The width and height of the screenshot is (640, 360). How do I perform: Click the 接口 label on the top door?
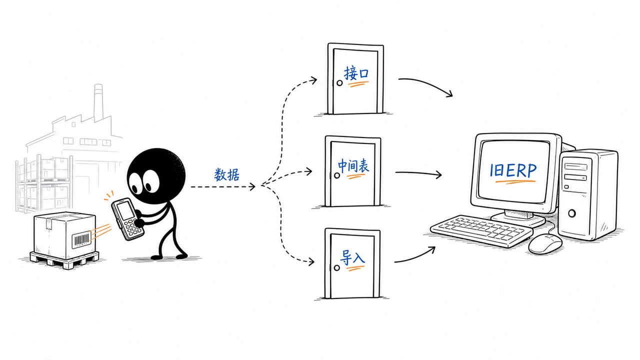pyautogui.click(x=356, y=73)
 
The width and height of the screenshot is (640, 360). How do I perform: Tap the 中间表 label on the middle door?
pyautogui.click(x=353, y=165)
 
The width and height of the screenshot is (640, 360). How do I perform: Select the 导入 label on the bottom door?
pyautogui.click(x=352, y=257)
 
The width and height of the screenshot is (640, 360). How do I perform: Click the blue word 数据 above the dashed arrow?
pyautogui.click(x=227, y=174)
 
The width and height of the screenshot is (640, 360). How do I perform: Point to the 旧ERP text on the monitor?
pyautogui.click(x=513, y=170)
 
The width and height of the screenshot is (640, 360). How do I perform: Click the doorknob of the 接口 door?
pyautogui.click(x=339, y=83)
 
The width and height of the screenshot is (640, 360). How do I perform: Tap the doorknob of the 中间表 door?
pyautogui.click(x=337, y=175)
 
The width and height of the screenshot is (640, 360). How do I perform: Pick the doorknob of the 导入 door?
pyautogui.click(x=337, y=267)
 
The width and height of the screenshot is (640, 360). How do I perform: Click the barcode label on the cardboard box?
pyautogui.click(x=81, y=239)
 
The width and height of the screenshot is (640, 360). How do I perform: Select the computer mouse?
pyautogui.click(x=545, y=243)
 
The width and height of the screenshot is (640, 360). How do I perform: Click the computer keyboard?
pyautogui.click(x=481, y=230)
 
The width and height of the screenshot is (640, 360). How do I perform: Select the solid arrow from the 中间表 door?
pyautogui.click(x=418, y=173)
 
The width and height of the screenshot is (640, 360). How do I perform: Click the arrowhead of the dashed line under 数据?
pyautogui.click(x=252, y=187)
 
